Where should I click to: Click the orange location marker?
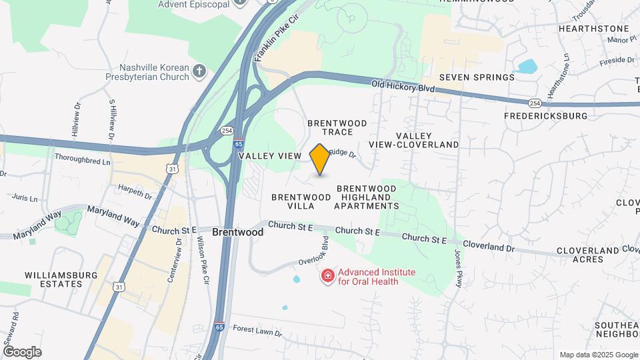click(x=320, y=159)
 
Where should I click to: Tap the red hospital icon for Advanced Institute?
click(x=327, y=276)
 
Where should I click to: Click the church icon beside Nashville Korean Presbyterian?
click(x=199, y=71)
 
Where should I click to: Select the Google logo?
click(x=22, y=352)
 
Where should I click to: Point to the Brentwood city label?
click(x=238, y=233)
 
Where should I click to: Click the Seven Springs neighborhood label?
click(x=477, y=77)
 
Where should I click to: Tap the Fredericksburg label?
click(x=555, y=116)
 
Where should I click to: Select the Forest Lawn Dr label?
click(x=255, y=327)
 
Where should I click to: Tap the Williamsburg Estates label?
click(x=53, y=279)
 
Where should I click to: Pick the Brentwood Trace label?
click(x=337, y=127)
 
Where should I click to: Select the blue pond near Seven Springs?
click(x=527, y=67)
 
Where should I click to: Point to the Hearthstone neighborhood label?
click(x=593, y=29)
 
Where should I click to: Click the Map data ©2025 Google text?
click(x=598, y=355)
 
